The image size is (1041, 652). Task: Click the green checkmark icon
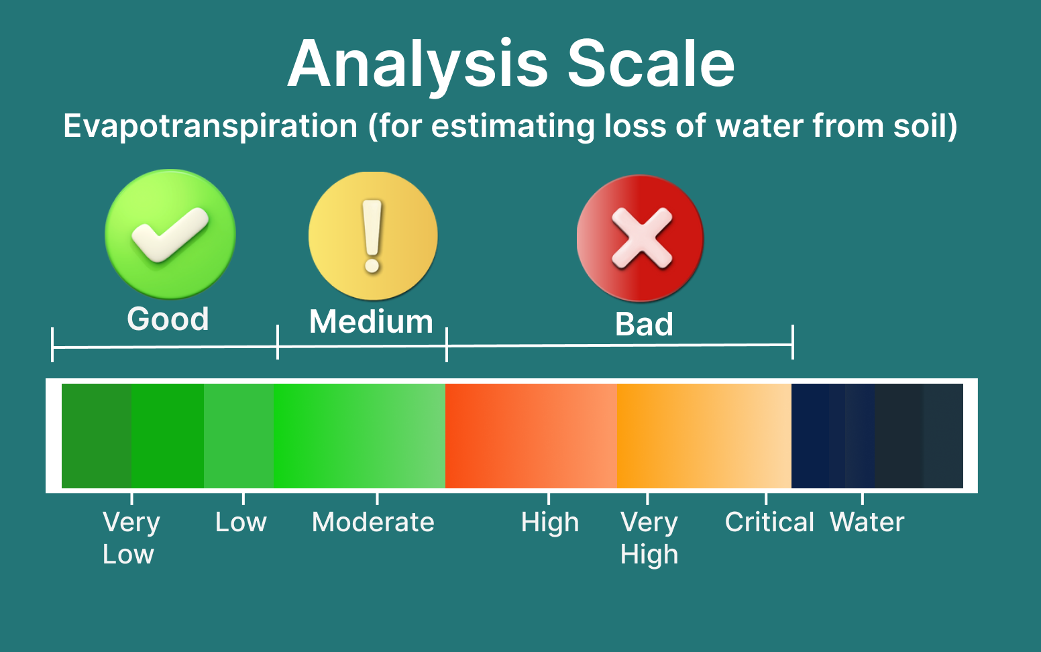tap(170, 233)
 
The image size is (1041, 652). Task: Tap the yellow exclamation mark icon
tap(373, 235)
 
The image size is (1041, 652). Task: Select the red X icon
tap(640, 238)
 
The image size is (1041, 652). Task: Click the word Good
tap(168, 319)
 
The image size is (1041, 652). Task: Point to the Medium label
tap(372, 321)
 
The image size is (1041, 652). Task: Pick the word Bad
tap(644, 324)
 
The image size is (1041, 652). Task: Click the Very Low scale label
tap(131, 538)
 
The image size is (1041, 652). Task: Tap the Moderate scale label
tap(373, 522)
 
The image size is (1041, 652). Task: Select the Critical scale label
tap(769, 522)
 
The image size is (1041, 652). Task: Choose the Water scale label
tap(867, 522)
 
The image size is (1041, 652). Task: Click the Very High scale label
tap(649, 538)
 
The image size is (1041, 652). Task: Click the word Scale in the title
tap(651, 63)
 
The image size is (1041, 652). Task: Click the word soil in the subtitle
tap(925, 126)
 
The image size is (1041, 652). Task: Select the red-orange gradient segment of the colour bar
tap(531, 436)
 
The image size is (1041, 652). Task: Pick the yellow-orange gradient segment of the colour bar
tap(704, 436)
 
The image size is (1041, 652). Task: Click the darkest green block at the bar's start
tap(96, 436)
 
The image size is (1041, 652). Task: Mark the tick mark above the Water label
tap(863, 498)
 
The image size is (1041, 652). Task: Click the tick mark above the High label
tap(549, 498)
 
